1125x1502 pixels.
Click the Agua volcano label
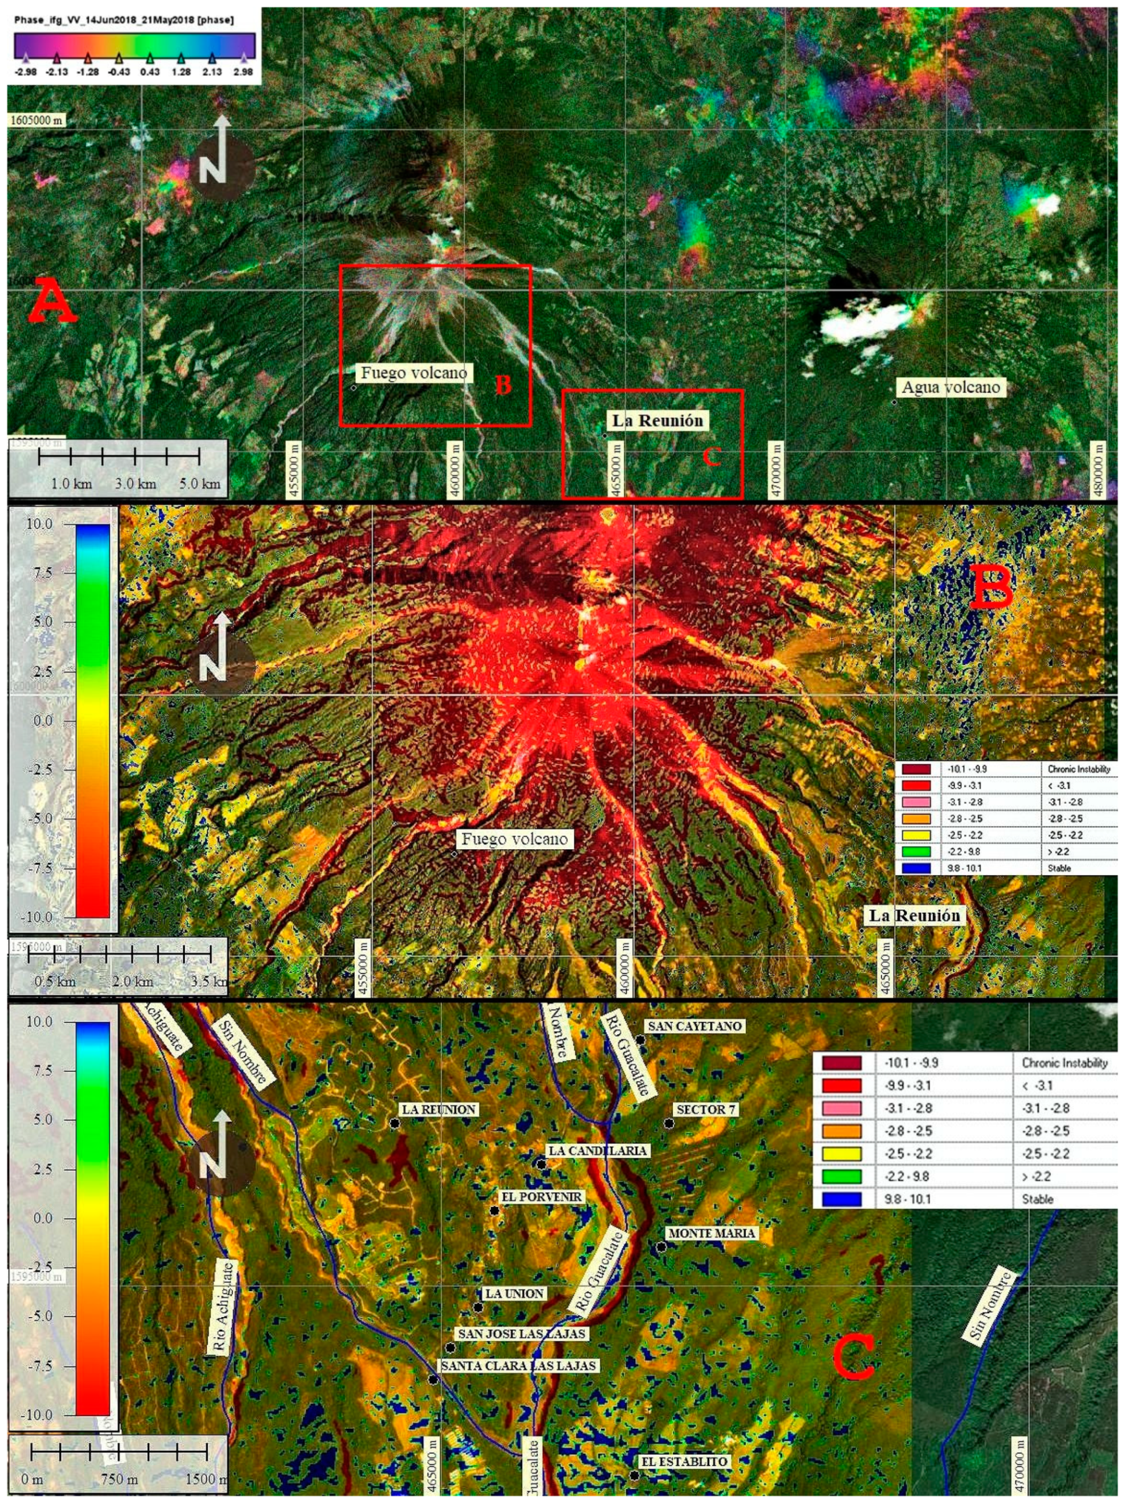(950, 387)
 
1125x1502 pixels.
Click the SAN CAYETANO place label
(695, 1026)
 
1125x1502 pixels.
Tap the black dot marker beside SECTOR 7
(669, 1124)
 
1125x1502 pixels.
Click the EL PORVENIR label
(541, 1197)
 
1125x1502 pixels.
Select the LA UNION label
(514, 1294)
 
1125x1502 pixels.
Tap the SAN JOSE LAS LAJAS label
(521, 1334)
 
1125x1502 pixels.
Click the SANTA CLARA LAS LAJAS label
(519, 1366)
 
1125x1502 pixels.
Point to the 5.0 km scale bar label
(201, 484)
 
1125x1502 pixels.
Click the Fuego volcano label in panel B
(514, 839)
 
